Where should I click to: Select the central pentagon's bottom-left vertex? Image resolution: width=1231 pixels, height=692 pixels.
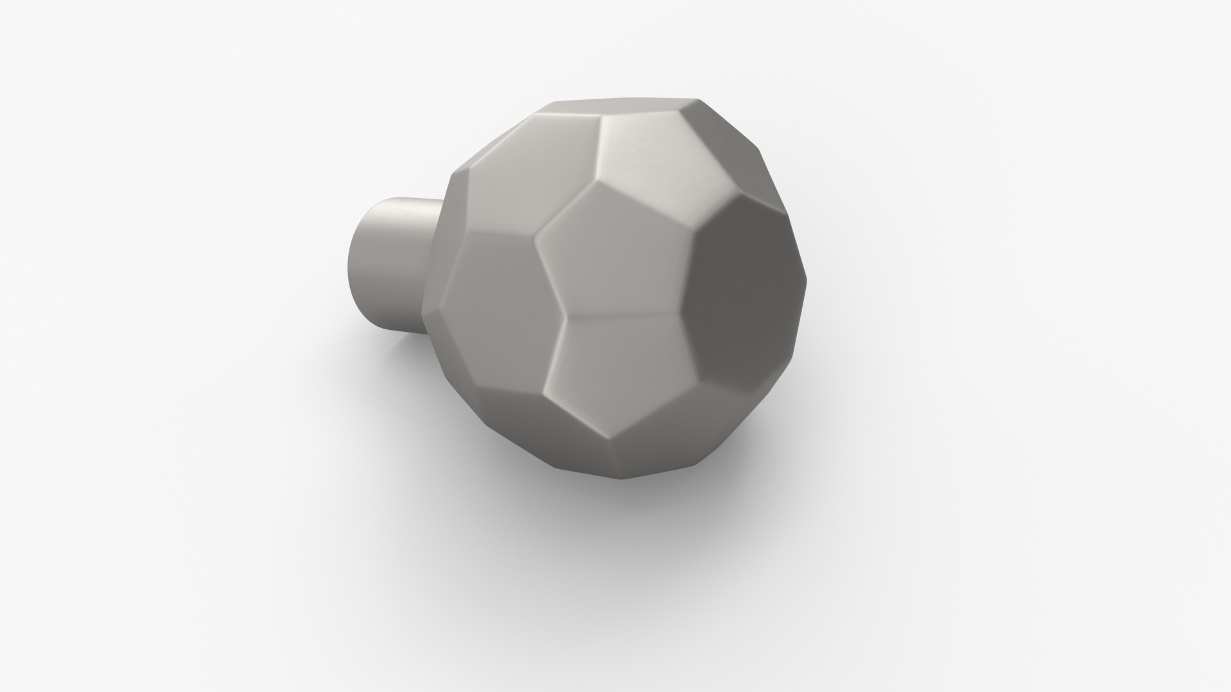564,317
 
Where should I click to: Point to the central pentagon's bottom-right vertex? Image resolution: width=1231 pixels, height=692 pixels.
680,314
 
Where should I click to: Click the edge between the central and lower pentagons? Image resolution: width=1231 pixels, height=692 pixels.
622,316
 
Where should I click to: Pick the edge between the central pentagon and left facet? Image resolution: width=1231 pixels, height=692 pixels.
549,276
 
